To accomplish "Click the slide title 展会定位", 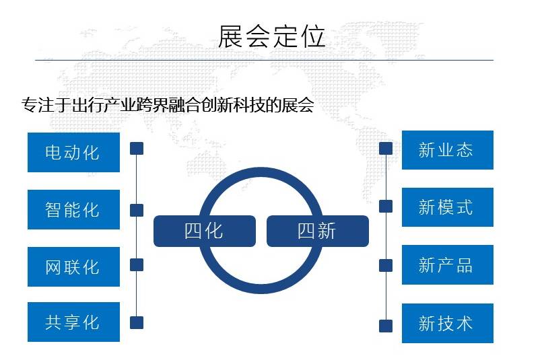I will (271, 36).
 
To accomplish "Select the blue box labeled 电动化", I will (73, 152).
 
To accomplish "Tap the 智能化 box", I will (73, 209).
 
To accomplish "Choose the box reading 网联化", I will (73, 266).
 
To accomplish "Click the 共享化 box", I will (73, 322).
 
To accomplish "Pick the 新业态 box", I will (447, 150).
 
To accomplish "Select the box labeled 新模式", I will (447, 207).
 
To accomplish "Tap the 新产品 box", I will (447, 264).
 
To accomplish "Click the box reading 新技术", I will (447, 323).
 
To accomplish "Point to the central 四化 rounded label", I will (204, 231).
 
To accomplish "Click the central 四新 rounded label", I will (318, 231).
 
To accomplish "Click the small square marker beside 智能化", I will (137, 210).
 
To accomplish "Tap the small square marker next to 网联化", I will (137, 264).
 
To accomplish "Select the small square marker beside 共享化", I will (137, 322).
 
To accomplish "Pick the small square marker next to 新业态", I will (386, 148).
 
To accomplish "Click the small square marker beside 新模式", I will (386, 206).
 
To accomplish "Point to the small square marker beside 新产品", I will (386, 265).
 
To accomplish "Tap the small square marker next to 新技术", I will (386, 326).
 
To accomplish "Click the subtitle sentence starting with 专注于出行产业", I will (168, 106).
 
